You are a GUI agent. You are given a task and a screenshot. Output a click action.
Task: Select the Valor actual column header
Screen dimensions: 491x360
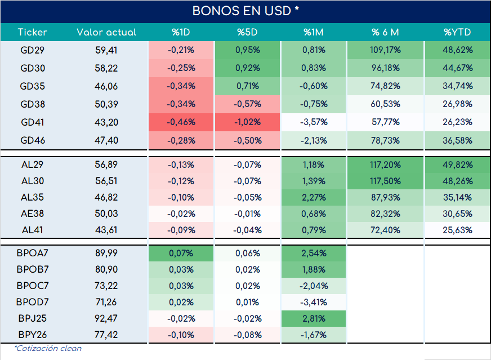106,32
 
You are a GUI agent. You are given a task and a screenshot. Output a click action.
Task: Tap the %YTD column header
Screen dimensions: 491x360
457,32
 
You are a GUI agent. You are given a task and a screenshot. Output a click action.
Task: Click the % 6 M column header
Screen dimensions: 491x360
385,32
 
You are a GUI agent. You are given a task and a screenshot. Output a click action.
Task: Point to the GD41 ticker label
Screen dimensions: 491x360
33,122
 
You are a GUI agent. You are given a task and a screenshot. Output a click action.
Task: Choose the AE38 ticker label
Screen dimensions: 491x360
32,214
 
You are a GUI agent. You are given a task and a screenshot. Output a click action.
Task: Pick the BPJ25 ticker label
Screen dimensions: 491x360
32,318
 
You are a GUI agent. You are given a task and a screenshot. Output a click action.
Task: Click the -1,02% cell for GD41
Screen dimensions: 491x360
247,122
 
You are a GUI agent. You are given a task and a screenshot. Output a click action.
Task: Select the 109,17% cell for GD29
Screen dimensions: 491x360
385,50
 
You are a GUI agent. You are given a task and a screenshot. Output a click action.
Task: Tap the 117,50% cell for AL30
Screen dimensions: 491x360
385,181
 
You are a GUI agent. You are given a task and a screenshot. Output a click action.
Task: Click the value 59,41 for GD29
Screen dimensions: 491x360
106,50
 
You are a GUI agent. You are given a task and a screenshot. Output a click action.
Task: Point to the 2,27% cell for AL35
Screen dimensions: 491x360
314,197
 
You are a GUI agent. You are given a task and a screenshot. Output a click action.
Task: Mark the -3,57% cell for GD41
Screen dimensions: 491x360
314,122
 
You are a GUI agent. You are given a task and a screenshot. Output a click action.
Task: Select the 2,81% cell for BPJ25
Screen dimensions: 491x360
314,318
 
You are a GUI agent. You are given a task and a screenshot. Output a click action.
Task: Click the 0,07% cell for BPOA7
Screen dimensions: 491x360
181,253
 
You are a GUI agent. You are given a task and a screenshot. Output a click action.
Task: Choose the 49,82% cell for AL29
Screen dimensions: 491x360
457,165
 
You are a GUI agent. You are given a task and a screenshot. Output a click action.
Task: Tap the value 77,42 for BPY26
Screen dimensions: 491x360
106,335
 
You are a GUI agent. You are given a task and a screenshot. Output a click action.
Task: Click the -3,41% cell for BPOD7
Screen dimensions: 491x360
314,302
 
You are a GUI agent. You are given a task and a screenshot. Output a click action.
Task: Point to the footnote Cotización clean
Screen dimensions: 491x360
48,348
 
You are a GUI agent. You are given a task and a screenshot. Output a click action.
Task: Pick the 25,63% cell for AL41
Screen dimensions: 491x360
457,230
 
